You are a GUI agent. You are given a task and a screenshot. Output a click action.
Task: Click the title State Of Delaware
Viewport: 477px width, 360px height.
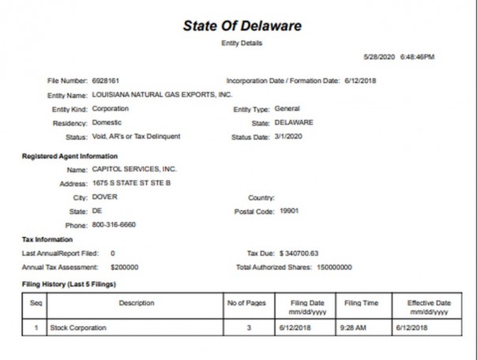(x=242, y=25)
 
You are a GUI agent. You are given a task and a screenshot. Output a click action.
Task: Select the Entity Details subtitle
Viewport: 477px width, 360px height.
(x=242, y=43)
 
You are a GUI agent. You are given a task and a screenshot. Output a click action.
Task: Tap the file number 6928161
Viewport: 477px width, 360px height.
(x=107, y=81)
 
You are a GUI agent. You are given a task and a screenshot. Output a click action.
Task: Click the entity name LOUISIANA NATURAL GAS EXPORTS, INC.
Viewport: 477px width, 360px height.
(x=162, y=94)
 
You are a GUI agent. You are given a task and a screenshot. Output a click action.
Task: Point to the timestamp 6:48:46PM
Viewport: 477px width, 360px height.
(x=417, y=57)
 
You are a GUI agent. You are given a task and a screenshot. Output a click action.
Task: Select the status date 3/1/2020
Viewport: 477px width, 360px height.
(x=290, y=137)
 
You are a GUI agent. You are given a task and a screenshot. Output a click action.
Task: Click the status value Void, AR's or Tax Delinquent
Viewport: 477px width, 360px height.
(x=136, y=137)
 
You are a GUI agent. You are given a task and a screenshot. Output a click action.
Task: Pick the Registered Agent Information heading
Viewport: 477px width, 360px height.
(x=69, y=156)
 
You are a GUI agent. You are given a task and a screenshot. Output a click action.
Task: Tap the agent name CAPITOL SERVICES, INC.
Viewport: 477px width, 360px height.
(x=134, y=169)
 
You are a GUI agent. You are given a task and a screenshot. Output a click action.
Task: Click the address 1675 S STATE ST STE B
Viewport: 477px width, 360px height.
(x=131, y=183)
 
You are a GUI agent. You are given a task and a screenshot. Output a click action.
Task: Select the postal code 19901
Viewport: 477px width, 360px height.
(x=287, y=212)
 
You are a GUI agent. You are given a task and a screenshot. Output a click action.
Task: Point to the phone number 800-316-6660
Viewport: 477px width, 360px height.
(x=115, y=225)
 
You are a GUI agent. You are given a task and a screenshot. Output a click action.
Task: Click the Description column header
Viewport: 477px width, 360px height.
(x=137, y=303)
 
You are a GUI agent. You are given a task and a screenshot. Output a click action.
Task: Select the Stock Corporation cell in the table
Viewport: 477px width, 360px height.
(x=77, y=327)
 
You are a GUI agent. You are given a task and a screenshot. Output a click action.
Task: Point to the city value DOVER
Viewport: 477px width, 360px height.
(x=105, y=197)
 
